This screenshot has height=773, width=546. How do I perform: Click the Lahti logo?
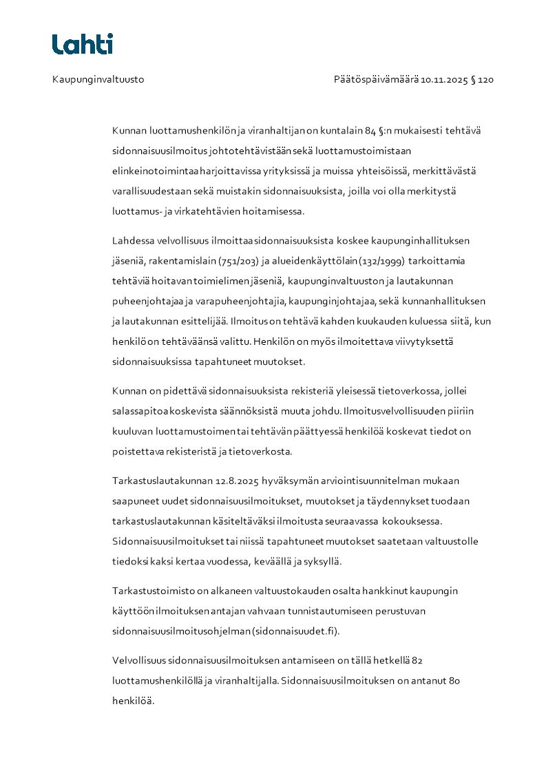coord(82,44)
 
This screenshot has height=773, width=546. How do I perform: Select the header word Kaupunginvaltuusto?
coord(98,80)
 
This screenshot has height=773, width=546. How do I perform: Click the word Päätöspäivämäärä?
coord(376,80)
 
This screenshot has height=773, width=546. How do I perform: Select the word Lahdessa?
coord(134,241)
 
